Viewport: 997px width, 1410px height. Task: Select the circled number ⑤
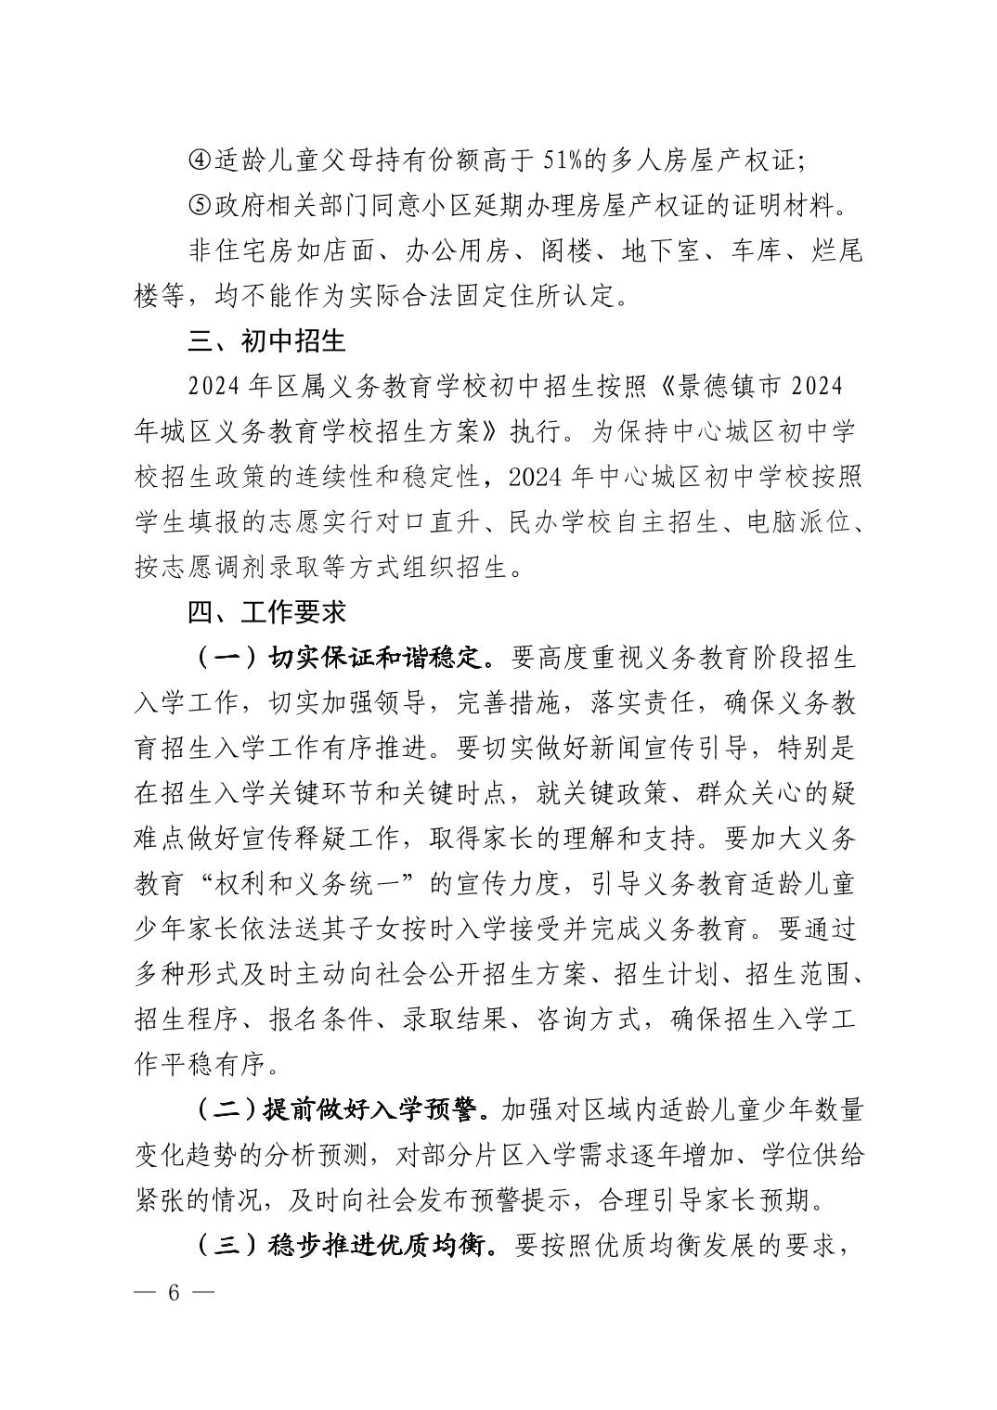(x=200, y=205)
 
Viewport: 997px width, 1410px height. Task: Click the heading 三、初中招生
(x=266, y=341)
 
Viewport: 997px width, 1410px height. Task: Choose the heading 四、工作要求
(x=266, y=613)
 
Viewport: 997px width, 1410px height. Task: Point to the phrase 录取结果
(x=454, y=1019)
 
